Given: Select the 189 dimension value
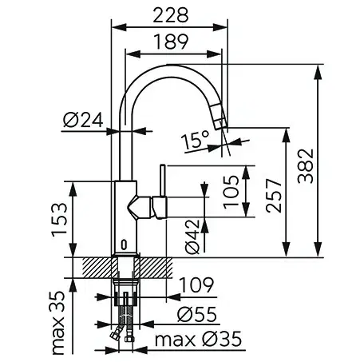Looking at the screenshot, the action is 171,42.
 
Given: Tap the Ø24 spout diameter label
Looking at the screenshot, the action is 83,120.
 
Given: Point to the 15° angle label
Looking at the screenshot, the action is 196,140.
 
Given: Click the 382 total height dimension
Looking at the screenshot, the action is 306,166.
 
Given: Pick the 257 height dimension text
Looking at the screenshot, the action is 274,196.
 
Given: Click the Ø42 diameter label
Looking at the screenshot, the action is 192,237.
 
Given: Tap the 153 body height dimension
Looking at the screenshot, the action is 59,220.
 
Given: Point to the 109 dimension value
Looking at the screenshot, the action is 196,284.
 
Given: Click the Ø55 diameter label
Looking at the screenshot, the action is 197,314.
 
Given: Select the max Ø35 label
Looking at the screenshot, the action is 199,339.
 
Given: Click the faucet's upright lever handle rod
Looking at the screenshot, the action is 163,181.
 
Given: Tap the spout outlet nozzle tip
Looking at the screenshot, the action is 220,125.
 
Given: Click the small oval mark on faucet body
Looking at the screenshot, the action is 125,245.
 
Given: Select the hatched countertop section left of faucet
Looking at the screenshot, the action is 97,268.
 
